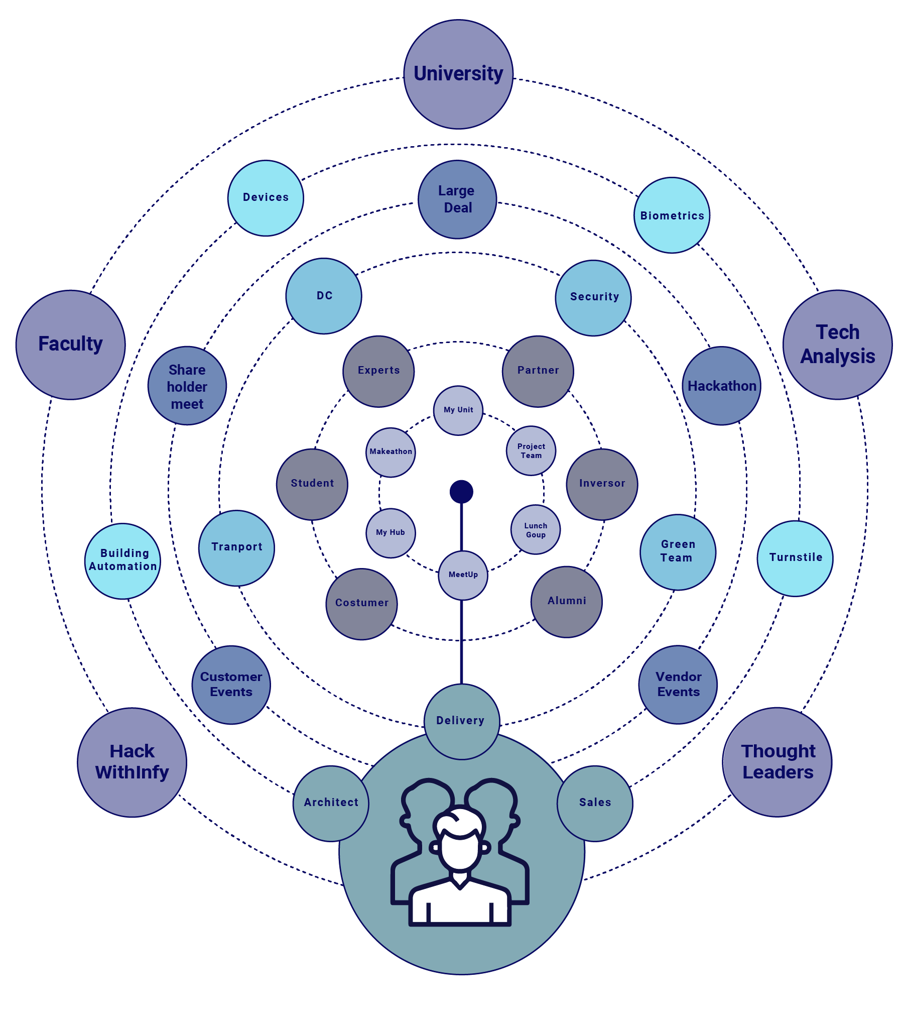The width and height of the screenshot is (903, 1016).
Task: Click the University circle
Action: (x=458, y=74)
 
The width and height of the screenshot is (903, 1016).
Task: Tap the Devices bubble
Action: (x=266, y=198)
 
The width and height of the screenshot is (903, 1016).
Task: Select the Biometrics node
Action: (x=672, y=215)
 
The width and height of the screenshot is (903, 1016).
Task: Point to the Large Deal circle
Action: (x=457, y=199)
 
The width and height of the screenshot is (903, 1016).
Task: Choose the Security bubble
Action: (x=593, y=298)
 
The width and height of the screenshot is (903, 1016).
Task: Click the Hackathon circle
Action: (x=721, y=386)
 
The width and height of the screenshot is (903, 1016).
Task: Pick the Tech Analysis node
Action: (x=837, y=345)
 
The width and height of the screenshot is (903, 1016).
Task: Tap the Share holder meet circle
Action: (x=187, y=386)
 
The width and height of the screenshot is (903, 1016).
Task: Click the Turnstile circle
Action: (x=795, y=558)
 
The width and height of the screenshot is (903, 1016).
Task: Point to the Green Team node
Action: (x=678, y=551)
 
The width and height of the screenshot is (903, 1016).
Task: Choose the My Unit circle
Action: (x=458, y=410)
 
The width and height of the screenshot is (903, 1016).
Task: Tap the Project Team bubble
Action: (x=531, y=450)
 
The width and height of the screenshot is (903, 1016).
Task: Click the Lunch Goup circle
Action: (x=536, y=530)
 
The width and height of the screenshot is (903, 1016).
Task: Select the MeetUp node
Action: (x=463, y=575)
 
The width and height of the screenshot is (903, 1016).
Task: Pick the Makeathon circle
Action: (x=391, y=452)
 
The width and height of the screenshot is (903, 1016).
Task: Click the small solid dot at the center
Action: (x=461, y=491)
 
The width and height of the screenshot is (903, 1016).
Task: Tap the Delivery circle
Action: (x=461, y=721)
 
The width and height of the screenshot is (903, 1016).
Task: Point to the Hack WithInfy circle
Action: (x=132, y=762)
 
